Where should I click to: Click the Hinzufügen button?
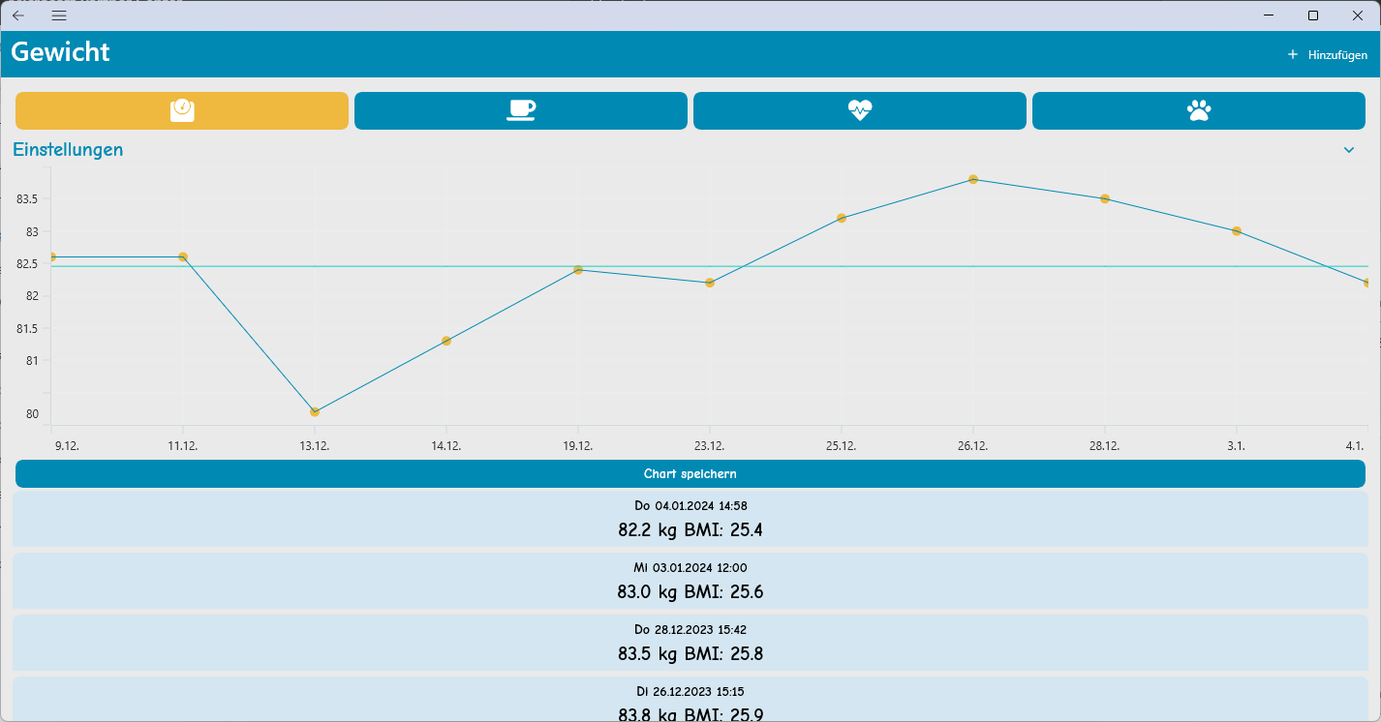(x=1328, y=55)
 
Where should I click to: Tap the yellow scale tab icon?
(x=182, y=110)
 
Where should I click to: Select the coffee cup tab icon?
(x=521, y=110)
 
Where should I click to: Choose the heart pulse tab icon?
(x=860, y=110)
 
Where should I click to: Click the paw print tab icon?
(x=1199, y=110)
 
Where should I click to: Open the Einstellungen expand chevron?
(x=1349, y=150)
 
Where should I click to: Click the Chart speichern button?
(x=690, y=474)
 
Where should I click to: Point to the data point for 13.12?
(x=315, y=412)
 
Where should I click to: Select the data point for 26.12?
(x=973, y=179)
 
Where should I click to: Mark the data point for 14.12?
(x=446, y=341)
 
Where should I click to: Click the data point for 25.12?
(x=842, y=218)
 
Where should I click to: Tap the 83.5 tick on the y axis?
(x=27, y=199)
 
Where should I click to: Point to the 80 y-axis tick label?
(x=32, y=414)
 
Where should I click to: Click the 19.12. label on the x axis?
(x=578, y=446)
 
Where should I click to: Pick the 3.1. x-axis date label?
(x=1236, y=446)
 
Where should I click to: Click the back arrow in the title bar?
(x=18, y=15)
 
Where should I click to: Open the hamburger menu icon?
(x=59, y=15)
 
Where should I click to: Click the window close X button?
(x=1357, y=15)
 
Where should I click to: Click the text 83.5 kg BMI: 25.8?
(x=690, y=653)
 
